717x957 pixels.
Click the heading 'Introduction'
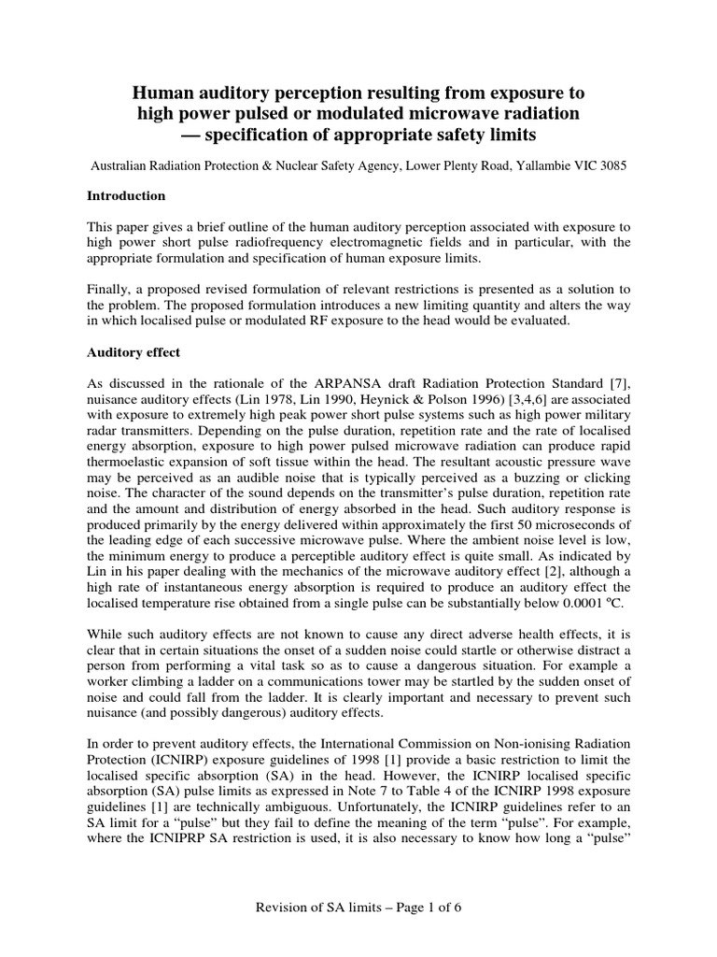pos(126,196)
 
